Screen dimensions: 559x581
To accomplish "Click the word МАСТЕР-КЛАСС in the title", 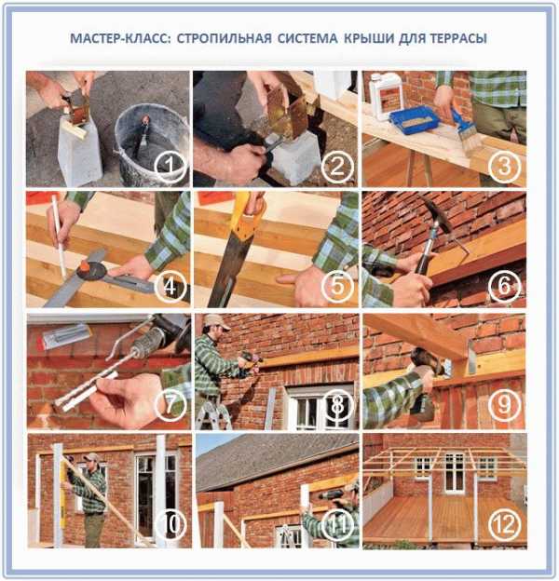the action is point(120,38).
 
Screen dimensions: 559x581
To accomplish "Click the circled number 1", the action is point(170,166).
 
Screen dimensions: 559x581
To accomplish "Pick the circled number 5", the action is point(337,285).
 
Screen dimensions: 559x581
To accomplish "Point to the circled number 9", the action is point(504,405).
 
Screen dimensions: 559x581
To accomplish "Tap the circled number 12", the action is point(505,524).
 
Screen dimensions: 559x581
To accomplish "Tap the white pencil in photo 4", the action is point(60,236).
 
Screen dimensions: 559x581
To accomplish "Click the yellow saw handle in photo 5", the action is point(247,215).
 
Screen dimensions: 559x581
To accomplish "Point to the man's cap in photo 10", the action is point(91,457).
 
